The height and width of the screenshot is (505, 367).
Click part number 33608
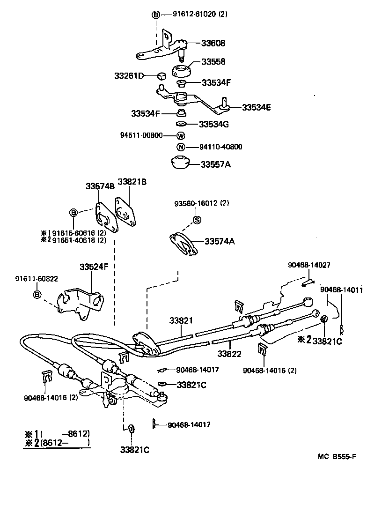coord(213,44)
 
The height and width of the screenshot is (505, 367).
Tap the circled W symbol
coord(181,136)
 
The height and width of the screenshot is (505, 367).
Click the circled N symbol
coord(181,147)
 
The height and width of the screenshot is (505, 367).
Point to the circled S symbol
coord(197,220)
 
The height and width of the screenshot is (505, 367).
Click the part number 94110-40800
coord(220,147)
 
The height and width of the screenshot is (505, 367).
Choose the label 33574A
coord(219,241)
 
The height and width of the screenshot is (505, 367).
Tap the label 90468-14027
coord(309,265)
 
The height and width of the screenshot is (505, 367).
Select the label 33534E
coord(256,107)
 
